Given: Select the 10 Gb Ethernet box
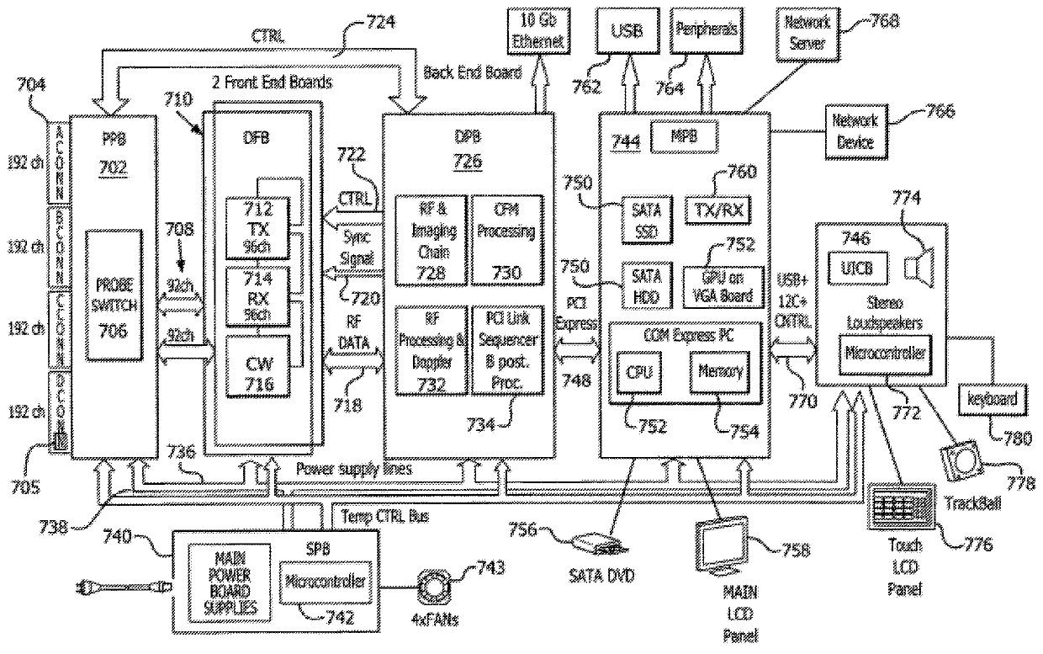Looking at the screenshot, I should [x=539, y=32].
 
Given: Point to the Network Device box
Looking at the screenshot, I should [x=855, y=131].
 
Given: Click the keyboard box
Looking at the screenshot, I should [x=993, y=399].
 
